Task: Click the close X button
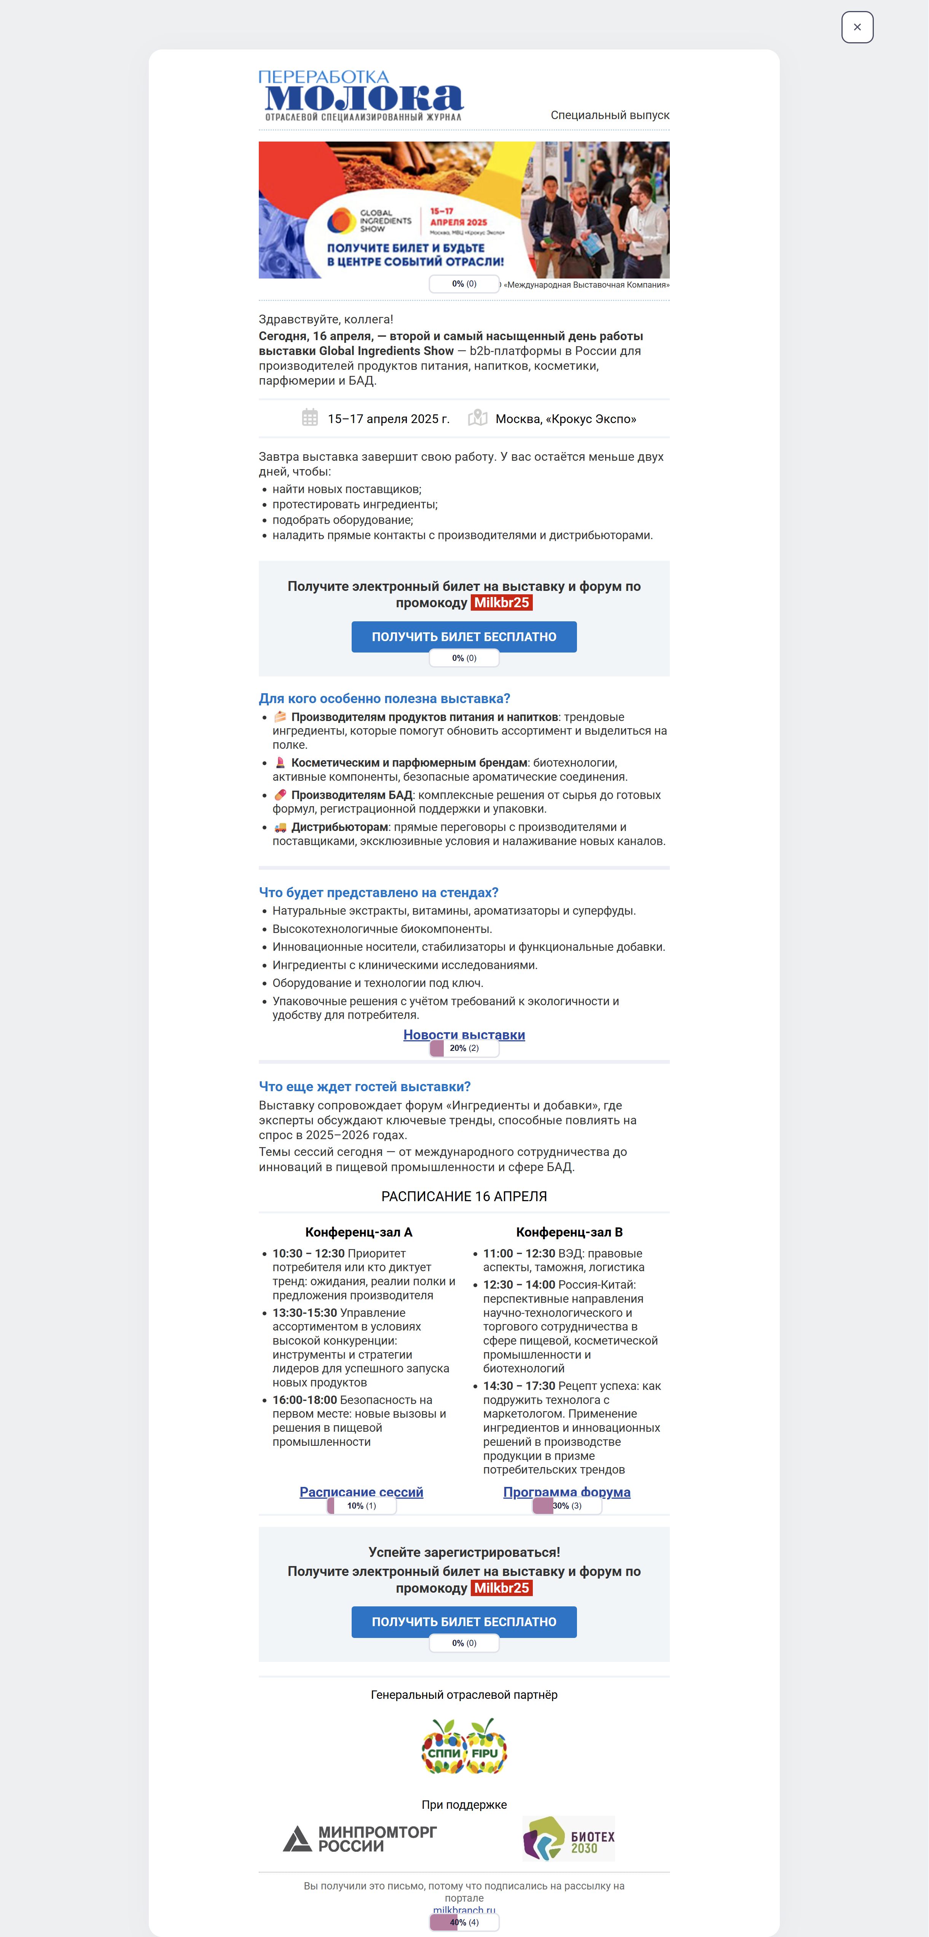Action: click(x=857, y=27)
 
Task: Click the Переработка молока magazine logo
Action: click(x=362, y=95)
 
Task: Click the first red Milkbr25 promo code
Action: click(x=501, y=602)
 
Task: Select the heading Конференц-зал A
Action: click(x=359, y=1232)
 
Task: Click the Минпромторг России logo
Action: click(x=360, y=1838)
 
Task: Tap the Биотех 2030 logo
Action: click(x=569, y=1838)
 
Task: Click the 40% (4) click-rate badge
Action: click(x=464, y=1922)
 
